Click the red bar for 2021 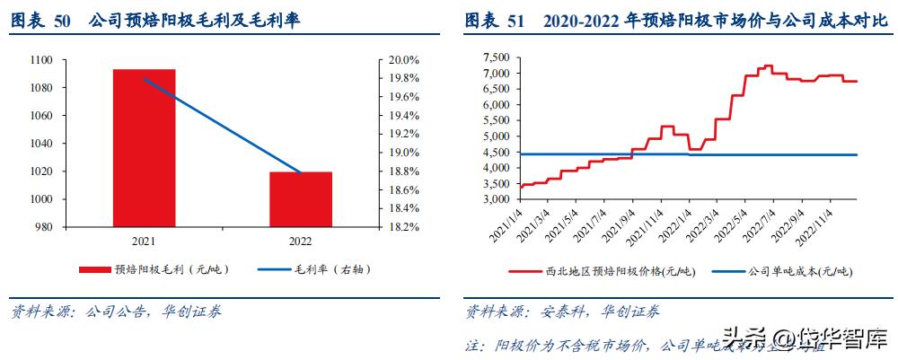[x=144, y=147]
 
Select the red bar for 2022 [x=301, y=198]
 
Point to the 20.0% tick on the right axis [x=404, y=60]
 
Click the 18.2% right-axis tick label [x=404, y=227]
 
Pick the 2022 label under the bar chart [x=301, y=241]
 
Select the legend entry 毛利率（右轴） [x=318, y=269]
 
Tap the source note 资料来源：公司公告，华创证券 [x=116, y=312]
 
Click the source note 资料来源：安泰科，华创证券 [x=562, y=312]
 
